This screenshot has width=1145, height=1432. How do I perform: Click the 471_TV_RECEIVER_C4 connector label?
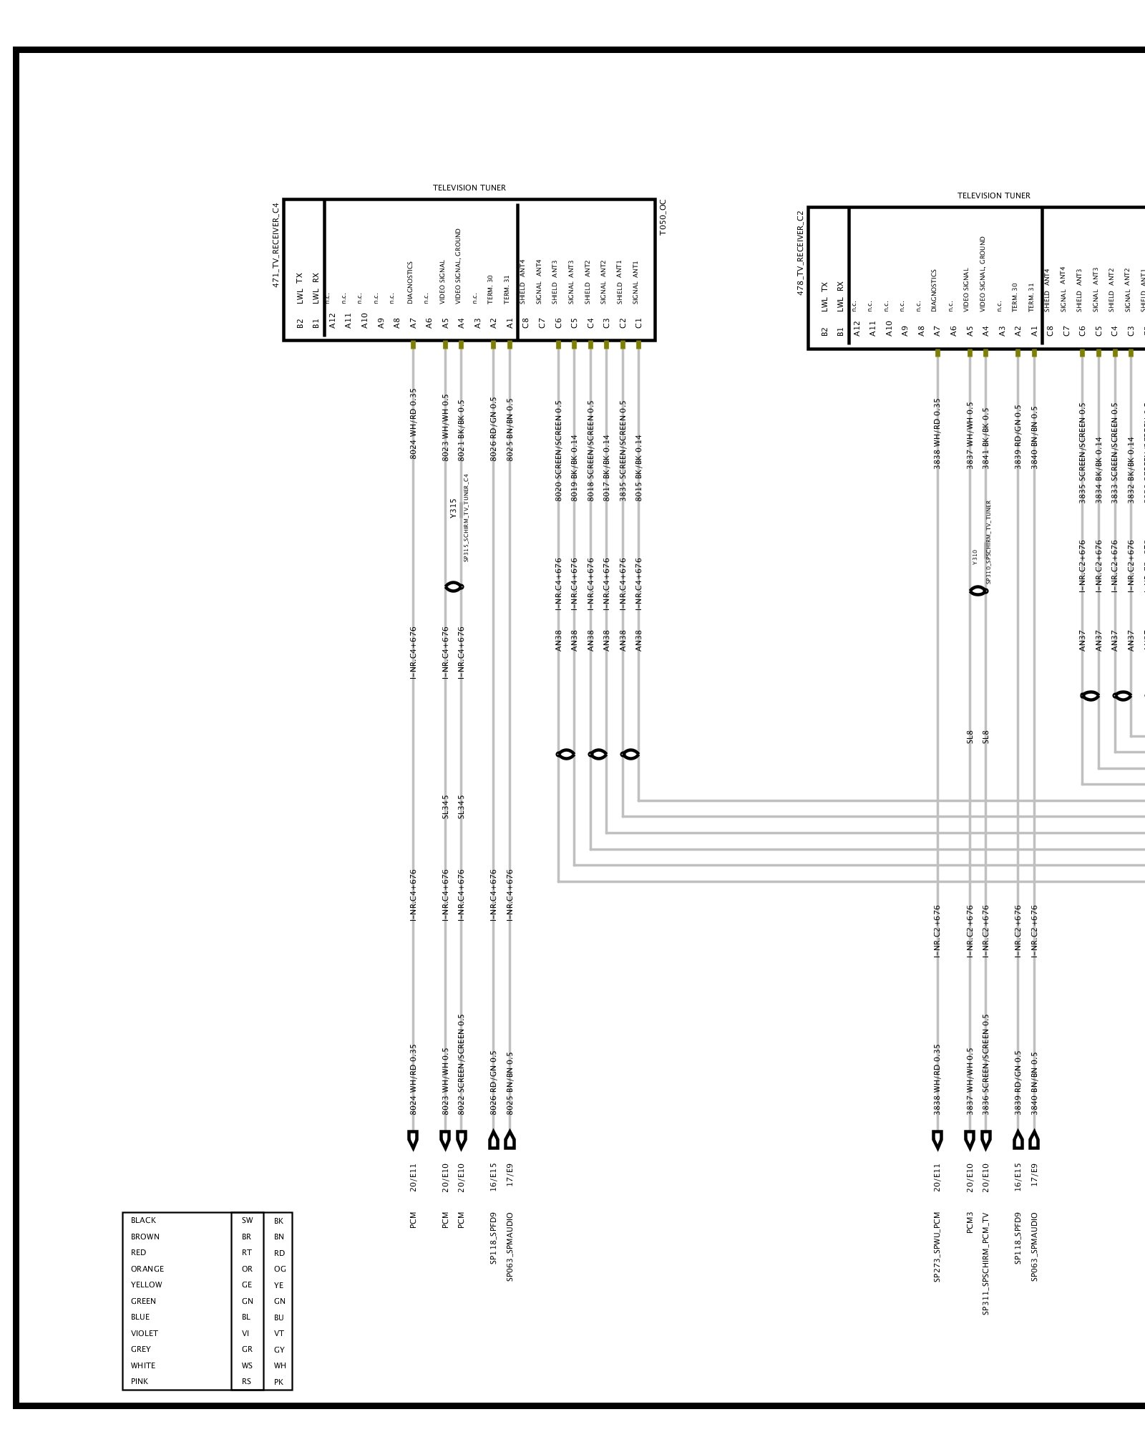pos(276,245)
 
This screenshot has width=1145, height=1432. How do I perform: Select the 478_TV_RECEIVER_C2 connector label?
pos(800,253)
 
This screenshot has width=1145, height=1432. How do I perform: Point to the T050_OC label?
pos(663,218)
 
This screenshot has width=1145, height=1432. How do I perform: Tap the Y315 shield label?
pos(453,508)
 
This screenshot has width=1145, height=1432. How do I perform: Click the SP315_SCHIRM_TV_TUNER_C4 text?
pos(466,518)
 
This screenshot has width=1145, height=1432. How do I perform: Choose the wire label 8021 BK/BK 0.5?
pos(462,430)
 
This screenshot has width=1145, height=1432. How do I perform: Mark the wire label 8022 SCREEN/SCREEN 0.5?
pos(462,1064)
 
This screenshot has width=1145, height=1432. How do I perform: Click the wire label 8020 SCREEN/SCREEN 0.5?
pos(559,450)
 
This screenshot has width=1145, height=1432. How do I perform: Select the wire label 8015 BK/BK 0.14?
pos(639,468)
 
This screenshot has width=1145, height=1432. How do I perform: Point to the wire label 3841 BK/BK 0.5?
pos(986,438)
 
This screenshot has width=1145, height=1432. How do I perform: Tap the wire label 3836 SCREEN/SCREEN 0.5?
pos(986,1064)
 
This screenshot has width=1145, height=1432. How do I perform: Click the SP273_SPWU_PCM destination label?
pos(937,1247)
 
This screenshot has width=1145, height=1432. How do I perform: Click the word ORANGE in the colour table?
pos(147,1269)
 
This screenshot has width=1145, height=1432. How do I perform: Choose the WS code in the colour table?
pos(247,1365)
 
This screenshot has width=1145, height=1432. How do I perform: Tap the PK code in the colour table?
pos(279,1382)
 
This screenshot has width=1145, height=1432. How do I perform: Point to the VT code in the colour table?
pos(279,1333)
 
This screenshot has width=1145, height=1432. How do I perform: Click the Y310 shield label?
pos(975,557)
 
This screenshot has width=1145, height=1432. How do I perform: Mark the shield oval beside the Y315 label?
pos(454,587)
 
